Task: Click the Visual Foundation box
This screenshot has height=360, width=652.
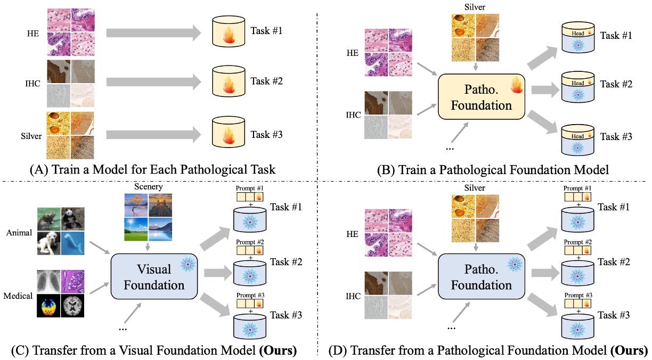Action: click(x=154, y=277)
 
